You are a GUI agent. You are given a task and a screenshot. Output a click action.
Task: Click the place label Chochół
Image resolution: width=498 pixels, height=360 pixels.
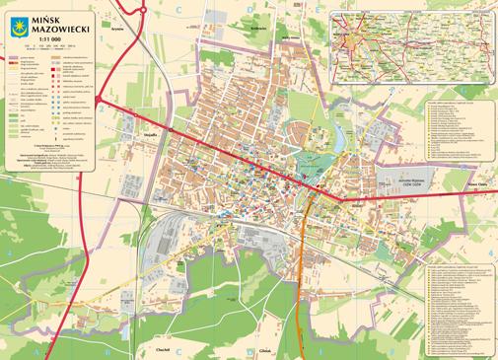(165, 348)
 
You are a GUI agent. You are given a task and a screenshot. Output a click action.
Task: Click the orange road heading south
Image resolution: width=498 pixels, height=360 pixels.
(300, 286)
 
